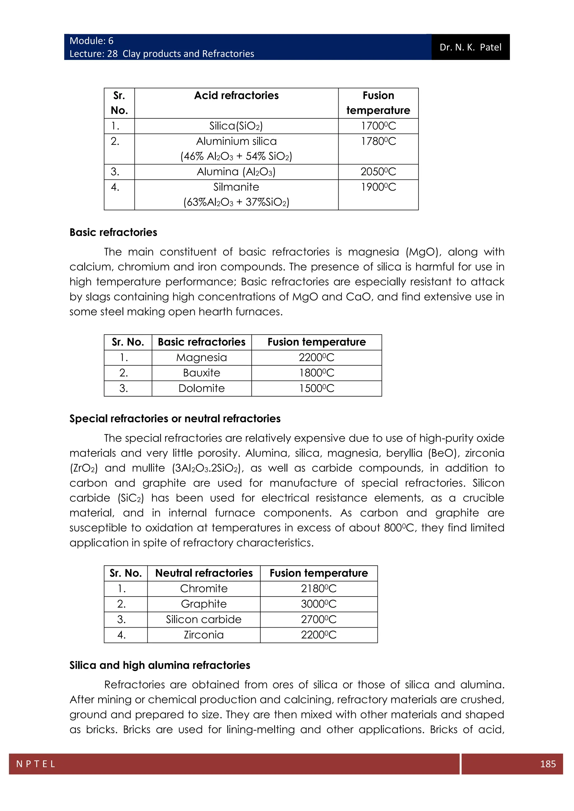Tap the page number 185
coord(547,764)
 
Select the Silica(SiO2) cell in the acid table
coord(236,126)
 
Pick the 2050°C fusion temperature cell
coord(378,172)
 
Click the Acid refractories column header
coord(236,96)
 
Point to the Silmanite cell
coord(236,187)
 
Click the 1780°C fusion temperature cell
coord(378,141)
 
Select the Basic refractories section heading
coord(113,232)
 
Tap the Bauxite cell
coord(202,373)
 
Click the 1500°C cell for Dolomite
coord(316,388)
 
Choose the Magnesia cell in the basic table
coord(202,357)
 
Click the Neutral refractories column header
coord(204,573)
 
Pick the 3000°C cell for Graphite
coord(318,604)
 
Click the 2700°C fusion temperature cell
coord(318,619)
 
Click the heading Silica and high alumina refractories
coord(160,665)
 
